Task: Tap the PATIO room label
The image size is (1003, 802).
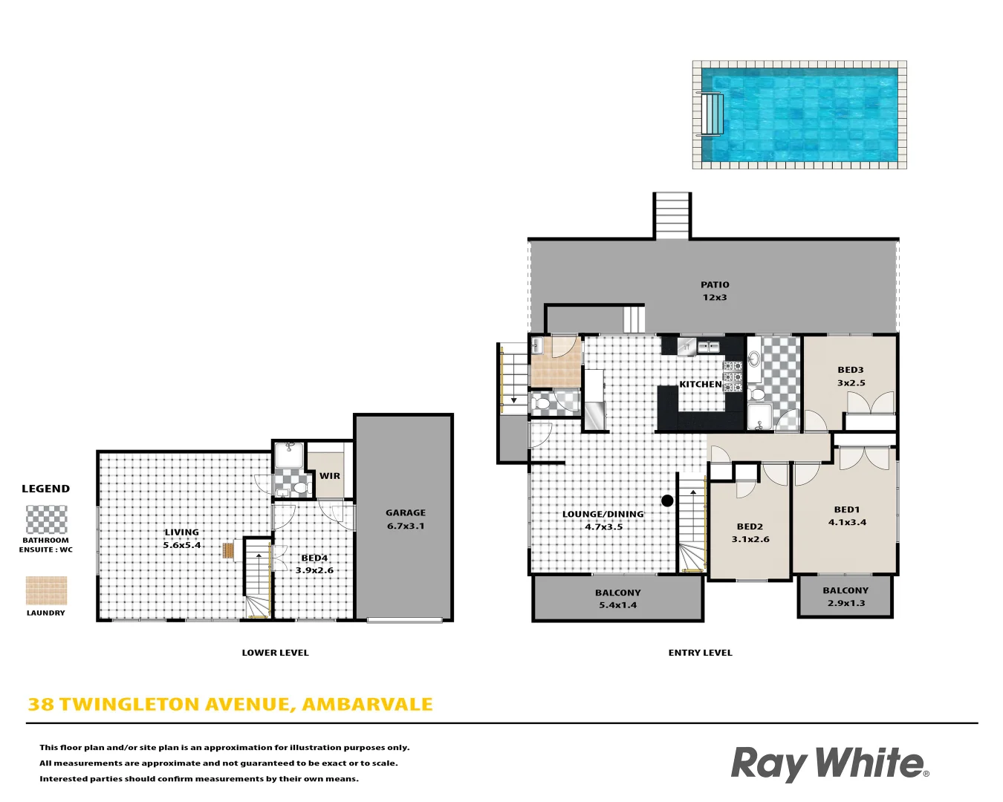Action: click(715, 284)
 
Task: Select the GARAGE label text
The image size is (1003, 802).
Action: click(406, 512)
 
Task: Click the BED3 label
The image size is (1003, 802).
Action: click(851, 370)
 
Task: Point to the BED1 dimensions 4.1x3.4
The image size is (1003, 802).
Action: click(847, 523)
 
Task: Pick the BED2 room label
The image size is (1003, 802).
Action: click(750, 526)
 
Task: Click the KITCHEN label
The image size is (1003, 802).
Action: click(701, 384)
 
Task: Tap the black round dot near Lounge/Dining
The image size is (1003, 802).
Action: click(667, 501)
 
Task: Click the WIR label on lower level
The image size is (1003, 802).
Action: click(330, 476)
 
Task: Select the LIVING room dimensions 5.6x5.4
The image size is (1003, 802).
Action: click(182, 545)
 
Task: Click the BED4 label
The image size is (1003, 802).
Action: click(314, 558)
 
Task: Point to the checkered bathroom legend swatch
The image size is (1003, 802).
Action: click(46, 520)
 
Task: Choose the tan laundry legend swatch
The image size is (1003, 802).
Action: click(46, 591)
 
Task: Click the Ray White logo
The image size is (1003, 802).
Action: click(829, 763)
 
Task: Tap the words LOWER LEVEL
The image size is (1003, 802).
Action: click(275, 653)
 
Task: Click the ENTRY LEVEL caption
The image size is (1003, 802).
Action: click(700, 653)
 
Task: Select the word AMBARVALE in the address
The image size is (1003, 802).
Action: click(367, 704)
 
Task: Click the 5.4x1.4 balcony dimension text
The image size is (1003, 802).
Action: click(617, 605)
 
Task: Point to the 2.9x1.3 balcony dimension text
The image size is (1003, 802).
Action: click(846, 603)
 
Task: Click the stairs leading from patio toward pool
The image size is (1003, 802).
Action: click(672, 215)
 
